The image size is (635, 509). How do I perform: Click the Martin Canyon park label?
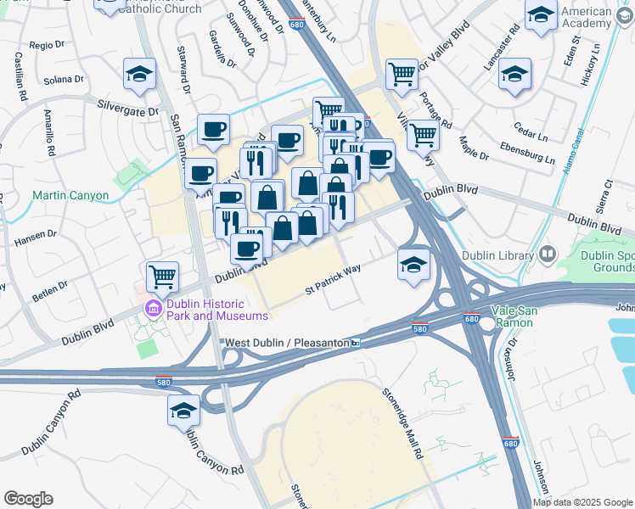[x=70, y=195]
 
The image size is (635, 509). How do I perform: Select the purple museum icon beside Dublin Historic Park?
[x=154, y=308]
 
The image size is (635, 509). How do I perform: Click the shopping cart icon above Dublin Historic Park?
[x=162, y=275]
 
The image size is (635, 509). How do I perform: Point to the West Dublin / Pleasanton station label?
[x=287, y=343]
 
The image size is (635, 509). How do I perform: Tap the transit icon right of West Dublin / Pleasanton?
[x=357, y=343]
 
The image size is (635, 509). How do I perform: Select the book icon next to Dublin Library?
[x=547, y=254]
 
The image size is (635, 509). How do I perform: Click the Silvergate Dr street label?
[x=128, y=111]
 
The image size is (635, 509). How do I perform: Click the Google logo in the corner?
[x=29, y=498]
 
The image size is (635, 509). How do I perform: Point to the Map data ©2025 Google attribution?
[x=582, y=502]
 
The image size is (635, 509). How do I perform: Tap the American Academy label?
[x=600, y=17]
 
